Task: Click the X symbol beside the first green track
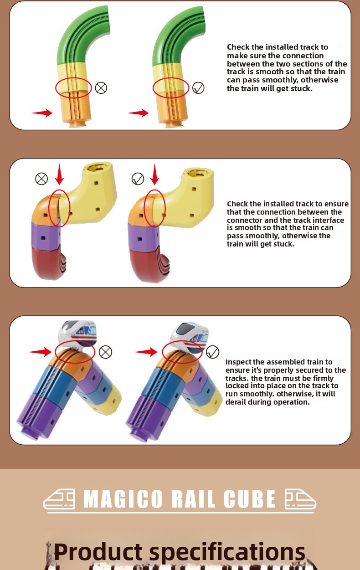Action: (x=101, y=88)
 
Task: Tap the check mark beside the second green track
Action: (x=198, y=88)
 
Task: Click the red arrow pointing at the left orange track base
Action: (x=42, y=113)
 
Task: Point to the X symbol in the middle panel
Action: (x=41, y=179)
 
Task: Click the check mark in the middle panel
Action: (x=138, y=179)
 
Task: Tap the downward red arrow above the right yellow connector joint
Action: (x=154, y=174)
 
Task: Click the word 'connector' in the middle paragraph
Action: (x=242, y=220)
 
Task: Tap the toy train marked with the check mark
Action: (x=189, y=337)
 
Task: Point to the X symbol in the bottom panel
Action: (x=105, y=352)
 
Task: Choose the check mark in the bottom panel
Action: (x=212, y=352)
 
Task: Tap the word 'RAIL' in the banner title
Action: (x=193, y=499)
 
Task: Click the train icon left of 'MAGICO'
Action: (x=59, y=499)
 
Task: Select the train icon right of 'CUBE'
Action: (x=300, y=499)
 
